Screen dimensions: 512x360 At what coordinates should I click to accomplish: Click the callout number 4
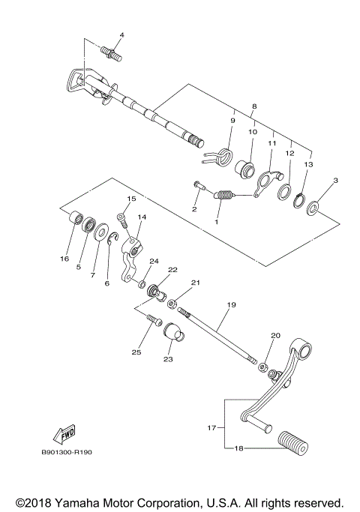[x=121, y=35]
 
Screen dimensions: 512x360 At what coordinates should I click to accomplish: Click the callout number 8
[x=254, y=107]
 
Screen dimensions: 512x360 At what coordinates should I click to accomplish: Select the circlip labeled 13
[x=299, y=200]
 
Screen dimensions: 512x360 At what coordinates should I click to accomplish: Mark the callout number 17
[x=211, y=428]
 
